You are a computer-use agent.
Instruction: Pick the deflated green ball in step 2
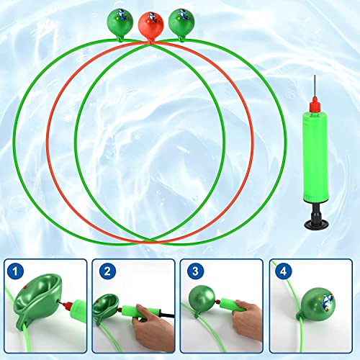point(109,302)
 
